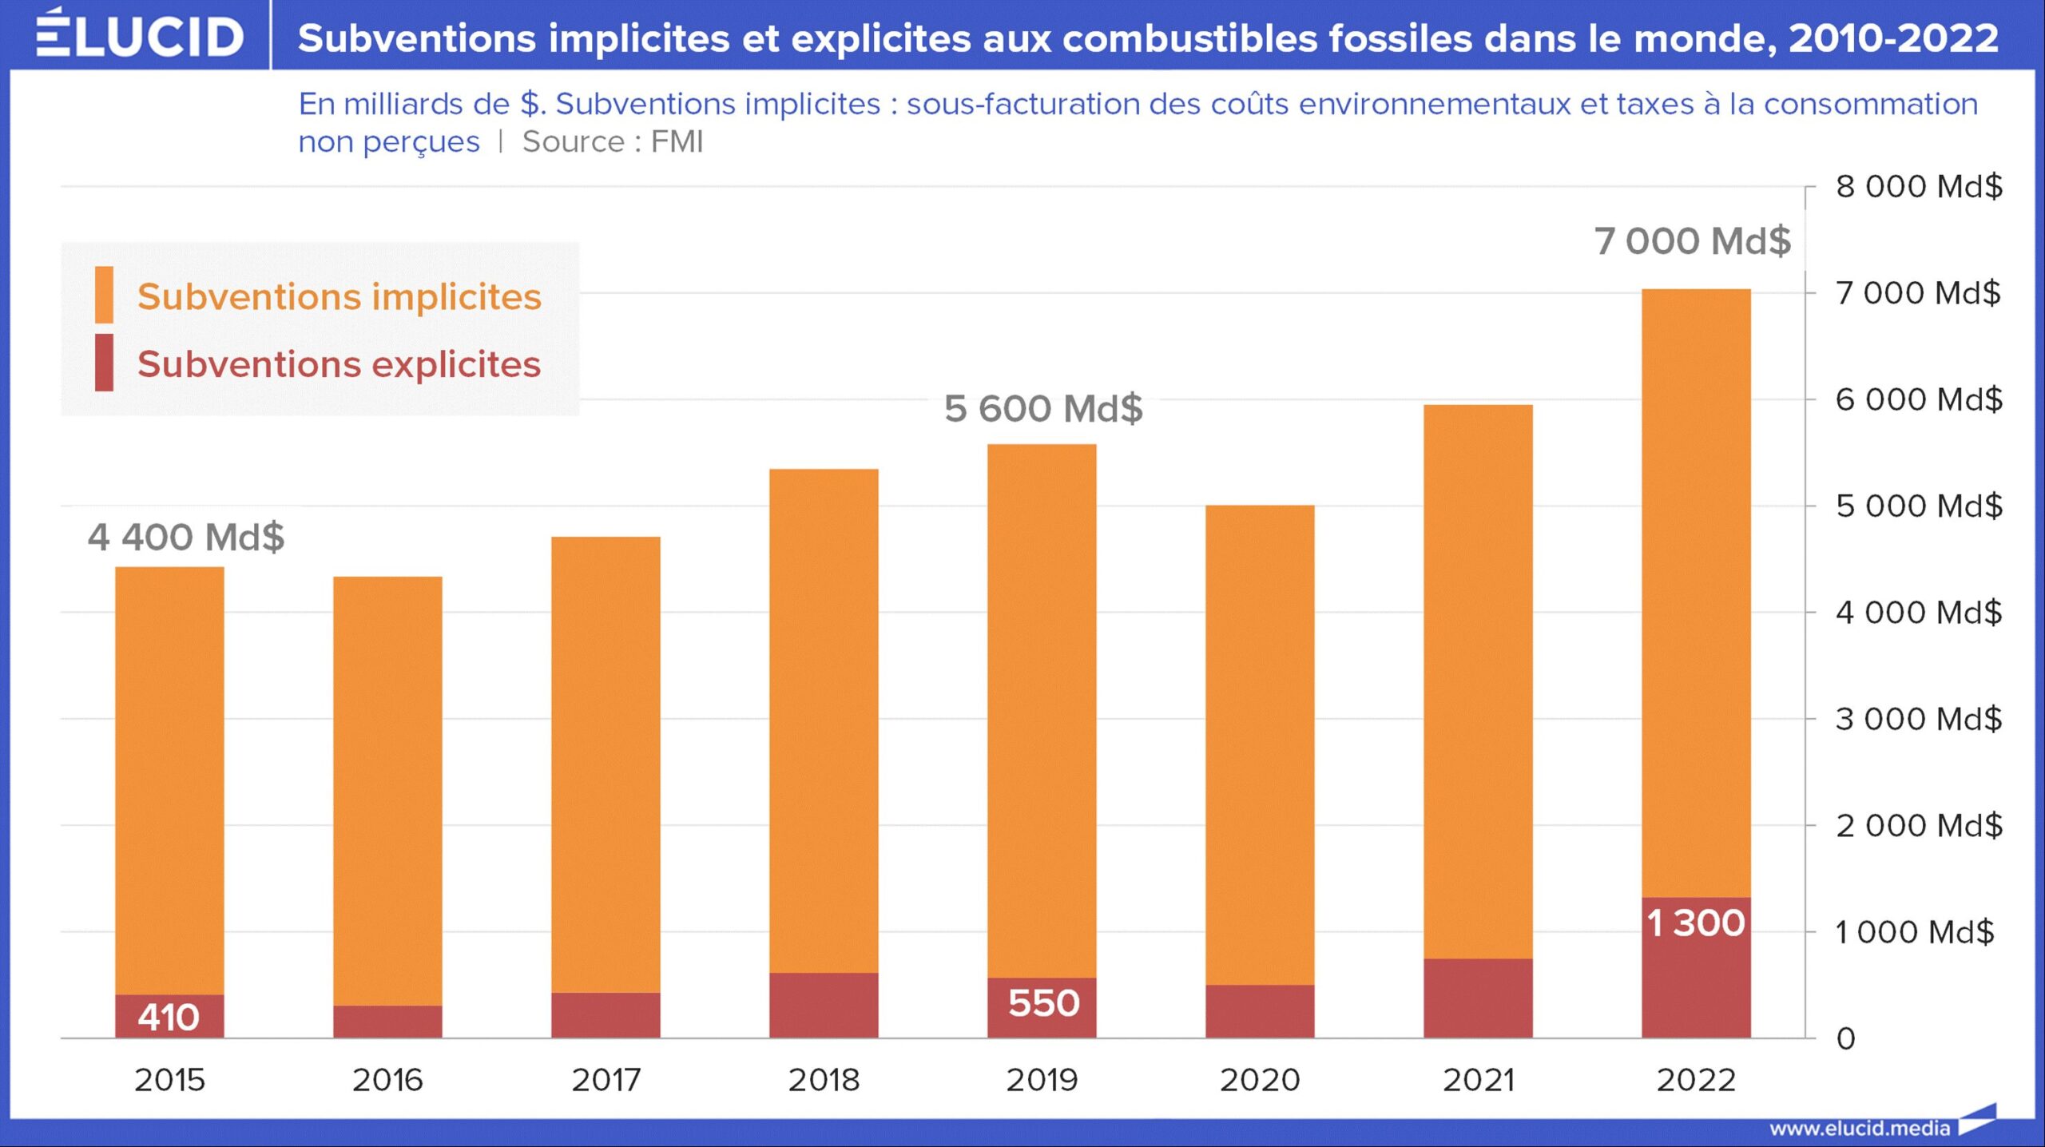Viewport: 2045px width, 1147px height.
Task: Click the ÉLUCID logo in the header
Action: coord(140,35)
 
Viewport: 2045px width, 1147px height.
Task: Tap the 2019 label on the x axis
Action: coord(1042,1080)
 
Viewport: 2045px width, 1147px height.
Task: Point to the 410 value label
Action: coord(169,1018)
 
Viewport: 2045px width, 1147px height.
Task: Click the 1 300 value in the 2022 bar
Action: coord(1696,923)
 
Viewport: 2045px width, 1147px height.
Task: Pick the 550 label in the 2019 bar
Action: coord(1043,1003)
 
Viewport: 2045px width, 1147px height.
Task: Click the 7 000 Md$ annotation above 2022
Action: coord(1693,241)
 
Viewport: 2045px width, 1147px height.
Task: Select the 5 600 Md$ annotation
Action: coord(1043,409)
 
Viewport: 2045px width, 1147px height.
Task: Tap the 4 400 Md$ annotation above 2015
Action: coord(186,537)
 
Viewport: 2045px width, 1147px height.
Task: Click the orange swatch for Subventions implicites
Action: coord(104,295)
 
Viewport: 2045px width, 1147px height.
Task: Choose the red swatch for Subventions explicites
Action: coord(104,363)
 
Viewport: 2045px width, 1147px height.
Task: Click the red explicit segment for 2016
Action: coord(387,1022)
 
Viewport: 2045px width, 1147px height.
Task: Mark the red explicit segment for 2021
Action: coord(1478,998)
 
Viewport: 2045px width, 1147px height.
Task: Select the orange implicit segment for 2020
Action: coord(1260,743)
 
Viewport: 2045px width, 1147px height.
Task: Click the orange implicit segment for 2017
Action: coord(606,763)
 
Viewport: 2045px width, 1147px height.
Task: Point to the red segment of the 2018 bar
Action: coord(824,1006)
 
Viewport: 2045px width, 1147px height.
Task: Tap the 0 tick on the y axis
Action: coord(1845,1039)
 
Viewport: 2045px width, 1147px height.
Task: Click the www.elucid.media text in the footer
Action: coord(1859,1129)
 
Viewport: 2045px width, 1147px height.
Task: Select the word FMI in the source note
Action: coord(677,142)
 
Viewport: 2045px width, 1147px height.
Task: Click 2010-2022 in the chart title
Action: coord(1893,38)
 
